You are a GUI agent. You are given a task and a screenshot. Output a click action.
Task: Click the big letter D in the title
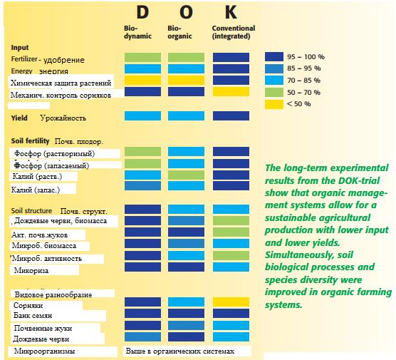click(x=142, y=12)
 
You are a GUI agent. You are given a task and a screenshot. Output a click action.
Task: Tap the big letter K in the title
click(x=231, y=12)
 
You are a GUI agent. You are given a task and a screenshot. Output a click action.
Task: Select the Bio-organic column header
click(x=179, y=32)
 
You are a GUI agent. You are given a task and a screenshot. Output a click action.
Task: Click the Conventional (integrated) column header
click(x=234, y=32)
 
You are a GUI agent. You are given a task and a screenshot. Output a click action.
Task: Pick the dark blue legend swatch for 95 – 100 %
click(x=274, y=56)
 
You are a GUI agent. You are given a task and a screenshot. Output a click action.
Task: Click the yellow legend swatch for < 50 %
click(x=274, y=104)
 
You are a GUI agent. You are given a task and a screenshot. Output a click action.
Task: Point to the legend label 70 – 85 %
click(x=304, y=81)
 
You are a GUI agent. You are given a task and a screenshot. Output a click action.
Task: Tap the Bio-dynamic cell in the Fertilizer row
click(x=142, y=58)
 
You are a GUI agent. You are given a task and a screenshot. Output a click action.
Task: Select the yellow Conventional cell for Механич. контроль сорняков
click(x=231, y=92)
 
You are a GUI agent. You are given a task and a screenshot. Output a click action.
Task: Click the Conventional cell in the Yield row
click(x=231, y=115)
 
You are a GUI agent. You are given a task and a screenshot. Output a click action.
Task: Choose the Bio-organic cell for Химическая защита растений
click(x=186, y=80)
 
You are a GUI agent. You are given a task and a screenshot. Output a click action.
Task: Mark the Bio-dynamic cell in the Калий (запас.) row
click(x=142, y=185)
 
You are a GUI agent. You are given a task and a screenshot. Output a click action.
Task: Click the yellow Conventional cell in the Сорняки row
click(x=231, y=302)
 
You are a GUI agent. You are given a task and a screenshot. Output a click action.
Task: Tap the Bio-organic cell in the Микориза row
click(x=186, y=267)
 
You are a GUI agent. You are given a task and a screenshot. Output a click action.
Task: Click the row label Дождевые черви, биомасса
click(x=61, y=221)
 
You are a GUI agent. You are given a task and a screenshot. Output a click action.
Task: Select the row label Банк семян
click(x=33, y=316)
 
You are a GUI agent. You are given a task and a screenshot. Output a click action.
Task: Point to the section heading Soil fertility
click(x=30, y=141)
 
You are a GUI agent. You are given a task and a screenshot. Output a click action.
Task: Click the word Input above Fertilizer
click(x=20, y=48)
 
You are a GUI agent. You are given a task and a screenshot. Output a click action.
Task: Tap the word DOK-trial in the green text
click(x=359, y=180)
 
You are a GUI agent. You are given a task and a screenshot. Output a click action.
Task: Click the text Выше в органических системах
click(x=179, y=351)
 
